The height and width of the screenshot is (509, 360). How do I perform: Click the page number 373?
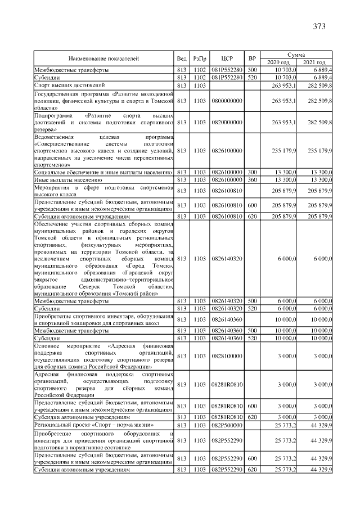(319, 26)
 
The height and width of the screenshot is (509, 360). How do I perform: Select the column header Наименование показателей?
(103, 58)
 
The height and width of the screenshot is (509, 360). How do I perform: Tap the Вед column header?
(181, 58)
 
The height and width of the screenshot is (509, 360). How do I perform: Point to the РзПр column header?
(199, 58)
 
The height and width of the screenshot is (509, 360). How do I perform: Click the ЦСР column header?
(227, 58)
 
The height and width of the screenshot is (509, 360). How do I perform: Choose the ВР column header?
(253, 58)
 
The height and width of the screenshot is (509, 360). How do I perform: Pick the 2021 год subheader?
(314, 61)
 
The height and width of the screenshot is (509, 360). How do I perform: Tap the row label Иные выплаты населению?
(67, 179)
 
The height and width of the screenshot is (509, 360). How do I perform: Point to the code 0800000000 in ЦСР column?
(227, 100)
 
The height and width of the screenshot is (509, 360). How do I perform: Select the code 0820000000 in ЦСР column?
(227, 121)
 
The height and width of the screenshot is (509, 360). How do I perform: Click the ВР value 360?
(252, 179)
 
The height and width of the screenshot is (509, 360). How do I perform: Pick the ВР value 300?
(252, 172)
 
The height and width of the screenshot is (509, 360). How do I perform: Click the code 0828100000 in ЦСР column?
(227, 356)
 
